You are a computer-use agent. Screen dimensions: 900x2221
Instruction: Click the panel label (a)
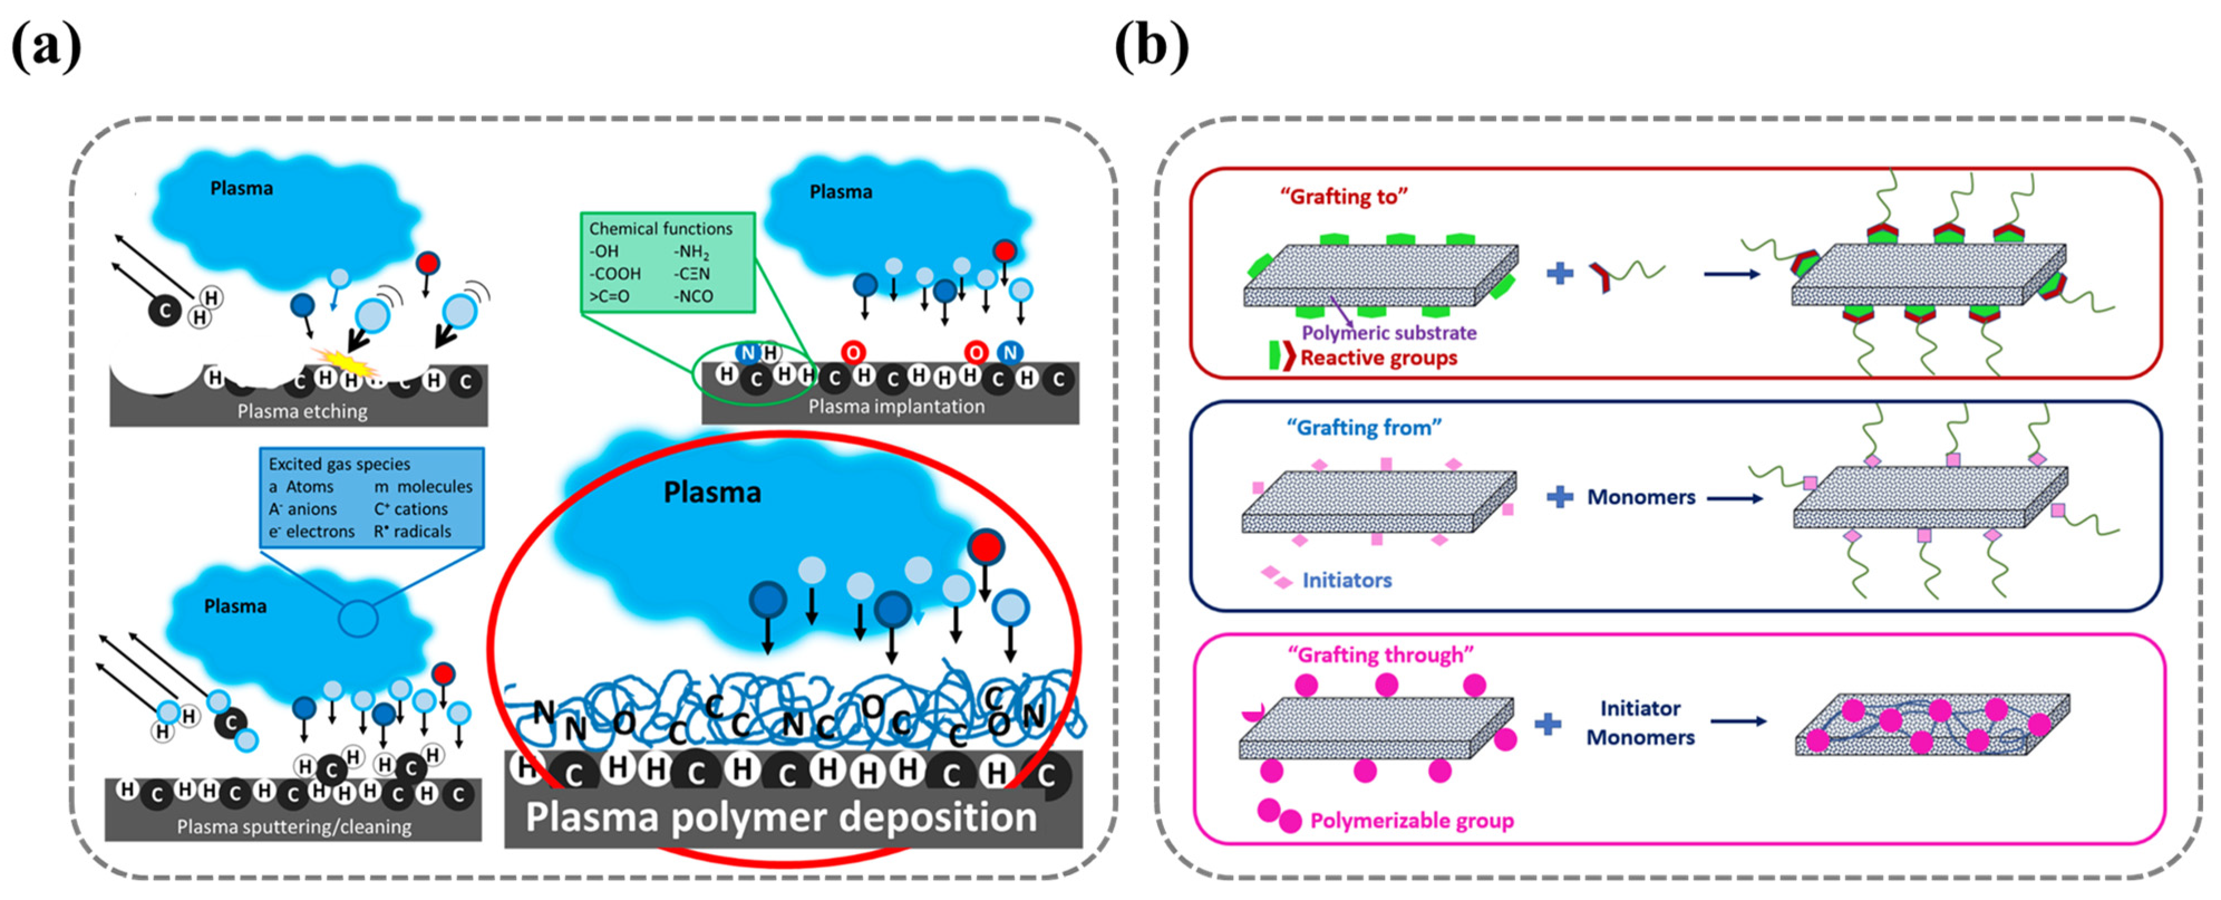pyautogui.click(x=47, y=47)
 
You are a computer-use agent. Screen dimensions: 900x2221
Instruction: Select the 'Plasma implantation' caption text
pyautogui.click(x=896, y=406)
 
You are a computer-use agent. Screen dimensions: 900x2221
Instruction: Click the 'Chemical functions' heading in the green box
pyautogui.click(x=661, y=228)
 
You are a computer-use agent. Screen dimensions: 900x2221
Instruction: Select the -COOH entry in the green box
pyautogui.click(x=615, y=273)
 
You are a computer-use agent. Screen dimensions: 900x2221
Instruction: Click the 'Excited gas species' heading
pyautogui.click(x=339, y=464)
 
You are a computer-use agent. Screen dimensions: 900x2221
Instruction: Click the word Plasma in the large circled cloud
pyautogui.click(x=712, y=492)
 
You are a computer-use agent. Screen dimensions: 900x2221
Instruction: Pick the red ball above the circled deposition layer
pyautogui.click(x=986, y=547)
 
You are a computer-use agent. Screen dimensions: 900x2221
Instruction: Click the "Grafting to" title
pyautogui.click(x=1344, y=197)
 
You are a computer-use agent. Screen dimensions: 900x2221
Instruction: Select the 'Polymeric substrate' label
pyautogui.click(x=1388, y=333)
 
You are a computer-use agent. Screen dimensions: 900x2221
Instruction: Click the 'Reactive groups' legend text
pyautogui.click(x=1378, y=358)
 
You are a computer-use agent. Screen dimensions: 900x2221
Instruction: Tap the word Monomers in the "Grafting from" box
pyautogui.click(x=1641, y=498)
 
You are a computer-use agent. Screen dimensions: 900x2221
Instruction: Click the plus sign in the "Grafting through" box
pyautogui.click(x=1548, y=723)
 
